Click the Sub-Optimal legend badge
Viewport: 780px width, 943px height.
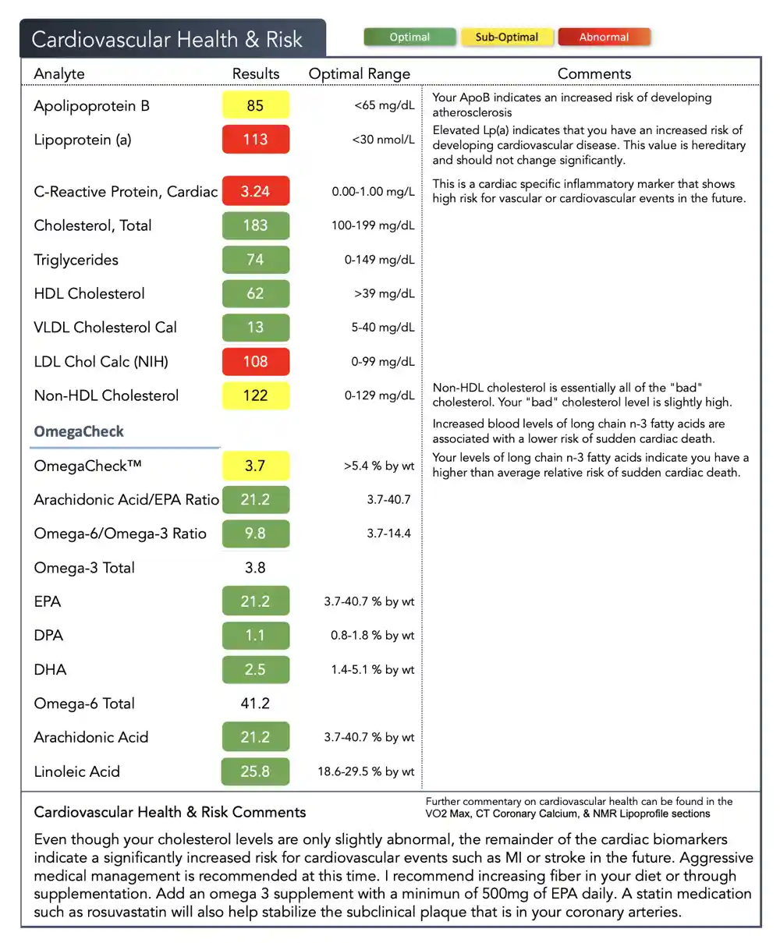507,37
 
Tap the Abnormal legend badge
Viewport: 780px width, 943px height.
604,37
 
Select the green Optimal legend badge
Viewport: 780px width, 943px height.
409,37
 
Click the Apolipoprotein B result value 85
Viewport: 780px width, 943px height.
255,105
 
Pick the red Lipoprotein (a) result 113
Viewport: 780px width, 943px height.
255,140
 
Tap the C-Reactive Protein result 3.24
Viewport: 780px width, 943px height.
255,191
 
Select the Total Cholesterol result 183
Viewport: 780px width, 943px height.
255,225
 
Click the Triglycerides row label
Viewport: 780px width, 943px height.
76,260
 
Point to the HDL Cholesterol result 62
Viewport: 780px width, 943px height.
255,293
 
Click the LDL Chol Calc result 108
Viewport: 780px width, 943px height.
255,361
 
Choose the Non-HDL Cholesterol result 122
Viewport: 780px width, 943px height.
255,395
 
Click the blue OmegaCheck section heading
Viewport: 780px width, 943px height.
79,431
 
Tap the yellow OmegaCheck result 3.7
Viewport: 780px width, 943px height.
255,466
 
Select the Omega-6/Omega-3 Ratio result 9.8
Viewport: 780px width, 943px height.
255,534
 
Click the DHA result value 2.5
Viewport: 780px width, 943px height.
255,669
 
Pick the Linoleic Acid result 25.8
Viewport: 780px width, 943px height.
255,771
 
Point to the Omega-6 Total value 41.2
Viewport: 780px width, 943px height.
255,704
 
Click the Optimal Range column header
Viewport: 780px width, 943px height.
359,74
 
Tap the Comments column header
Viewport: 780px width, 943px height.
594,74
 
